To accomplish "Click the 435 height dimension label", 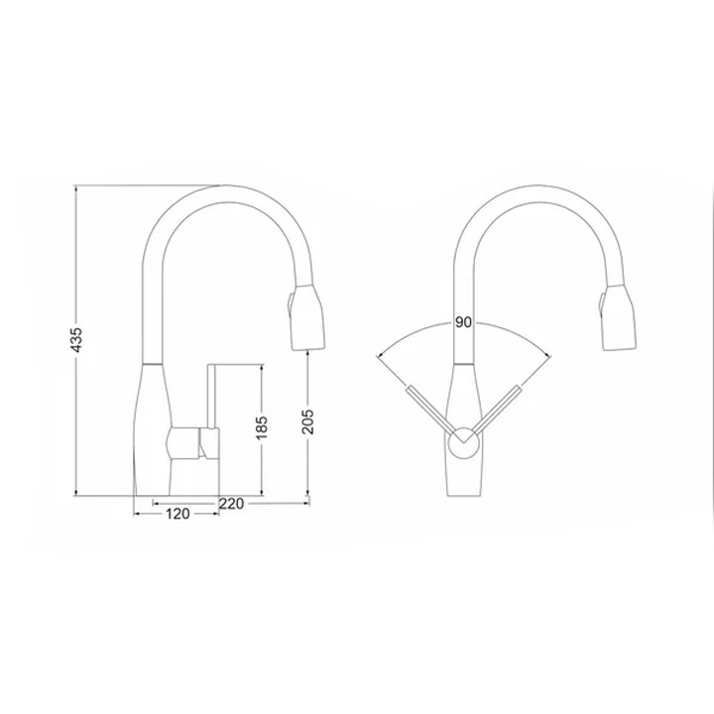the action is [x=77, y=340].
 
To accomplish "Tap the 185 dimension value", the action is [x=262, y=427].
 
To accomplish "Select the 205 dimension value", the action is [x=308, y=420].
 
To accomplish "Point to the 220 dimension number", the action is [x=232, y=503].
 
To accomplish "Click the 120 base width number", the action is [x=178, y=514].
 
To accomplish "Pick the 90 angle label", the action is [x=463, y=322].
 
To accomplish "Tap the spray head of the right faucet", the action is [x=619, y=318].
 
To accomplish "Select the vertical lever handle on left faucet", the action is [x=212, y=396].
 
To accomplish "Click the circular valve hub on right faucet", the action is [x=463, y=443].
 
